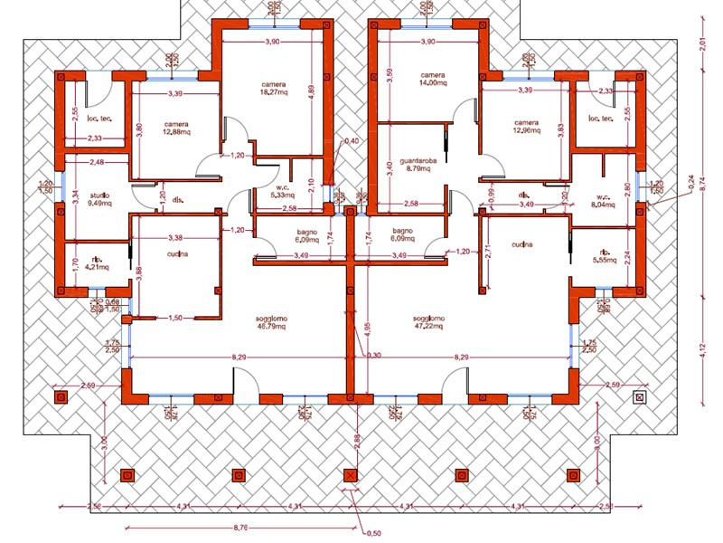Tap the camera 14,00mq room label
pos(432,79)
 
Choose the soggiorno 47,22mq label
pos(428,323)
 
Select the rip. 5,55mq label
pos(603,256)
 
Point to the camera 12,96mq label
pos(526,128)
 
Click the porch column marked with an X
pos(350,474)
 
